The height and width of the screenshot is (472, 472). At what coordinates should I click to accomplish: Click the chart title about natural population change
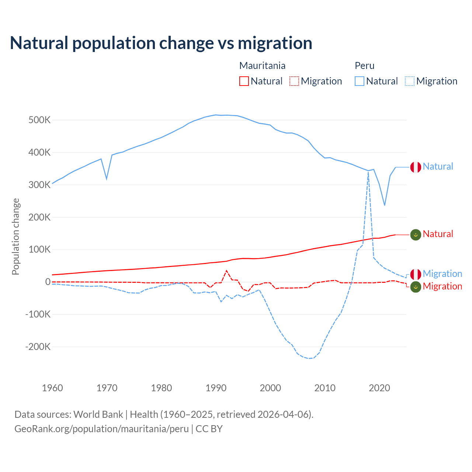tap(161, 43)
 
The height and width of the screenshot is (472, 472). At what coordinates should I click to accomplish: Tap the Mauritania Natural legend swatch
tap(244, 81)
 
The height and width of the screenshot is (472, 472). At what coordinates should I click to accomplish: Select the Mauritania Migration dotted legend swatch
tap(294, 81)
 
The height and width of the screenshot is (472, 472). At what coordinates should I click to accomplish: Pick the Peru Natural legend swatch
tap(360, 81)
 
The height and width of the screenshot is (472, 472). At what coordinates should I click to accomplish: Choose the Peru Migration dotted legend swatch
tap(410, 81)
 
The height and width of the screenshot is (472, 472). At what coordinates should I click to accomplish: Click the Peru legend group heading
tap(364, 66)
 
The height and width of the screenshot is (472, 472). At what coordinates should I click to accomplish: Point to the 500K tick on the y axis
tap(39, 120)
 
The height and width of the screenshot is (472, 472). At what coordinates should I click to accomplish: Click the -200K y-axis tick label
tap(38, 347)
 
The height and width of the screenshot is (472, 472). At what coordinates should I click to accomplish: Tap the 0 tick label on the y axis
tap(48, 282)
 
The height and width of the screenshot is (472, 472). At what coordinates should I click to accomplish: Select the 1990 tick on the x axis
tap(216, 388)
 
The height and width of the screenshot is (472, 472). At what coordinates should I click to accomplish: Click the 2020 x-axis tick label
tap(379, 388)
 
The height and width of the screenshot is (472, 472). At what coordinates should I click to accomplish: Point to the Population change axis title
tap(15, 236)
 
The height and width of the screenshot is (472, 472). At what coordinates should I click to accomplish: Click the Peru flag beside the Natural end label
tap(416, 167)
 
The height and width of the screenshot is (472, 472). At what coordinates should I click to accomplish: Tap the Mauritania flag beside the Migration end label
tap(416, 287)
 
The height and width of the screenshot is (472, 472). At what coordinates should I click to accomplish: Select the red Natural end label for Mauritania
tap(438, 234)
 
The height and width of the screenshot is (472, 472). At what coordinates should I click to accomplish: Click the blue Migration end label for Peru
tap(442, 274)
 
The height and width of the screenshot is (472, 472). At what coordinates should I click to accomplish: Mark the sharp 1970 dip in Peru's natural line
tap(107, 179)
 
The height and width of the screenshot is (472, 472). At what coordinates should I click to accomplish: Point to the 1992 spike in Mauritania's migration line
tap(226, 271)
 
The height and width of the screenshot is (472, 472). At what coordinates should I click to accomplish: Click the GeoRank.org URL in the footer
tap(101, 429)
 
